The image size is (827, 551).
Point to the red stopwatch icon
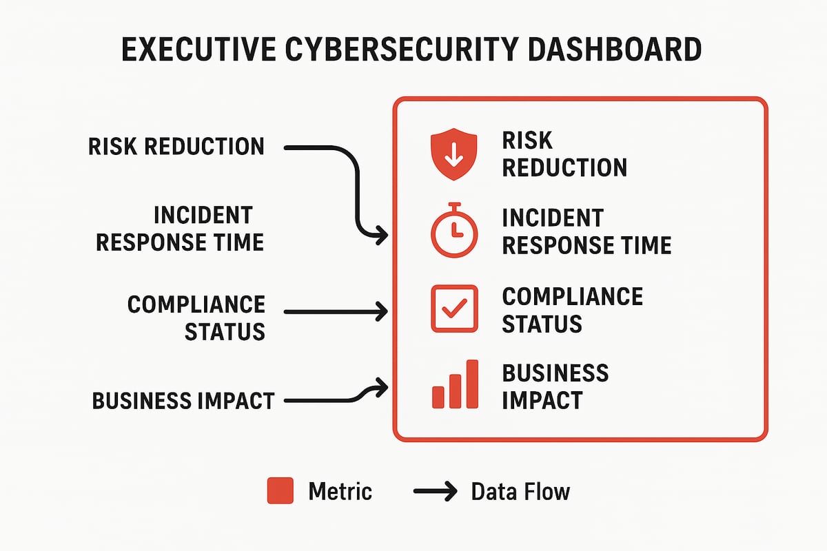(453, 231)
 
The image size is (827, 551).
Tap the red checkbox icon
(453, 309)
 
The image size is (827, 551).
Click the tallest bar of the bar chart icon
(472, 383)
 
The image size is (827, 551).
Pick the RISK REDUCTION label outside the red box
(176, 147)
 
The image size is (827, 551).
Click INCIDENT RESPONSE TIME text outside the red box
(181, 229)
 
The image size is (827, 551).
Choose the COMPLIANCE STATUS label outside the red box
(197, 317)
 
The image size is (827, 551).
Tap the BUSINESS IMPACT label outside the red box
(183, 400)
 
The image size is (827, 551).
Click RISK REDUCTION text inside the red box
(564, 154)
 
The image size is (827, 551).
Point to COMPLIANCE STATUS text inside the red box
(572, 309)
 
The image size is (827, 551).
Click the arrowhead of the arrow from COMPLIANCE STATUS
(380, 312)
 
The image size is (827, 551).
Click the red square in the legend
(280, 491)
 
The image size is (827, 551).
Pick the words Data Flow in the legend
(520, 491)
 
